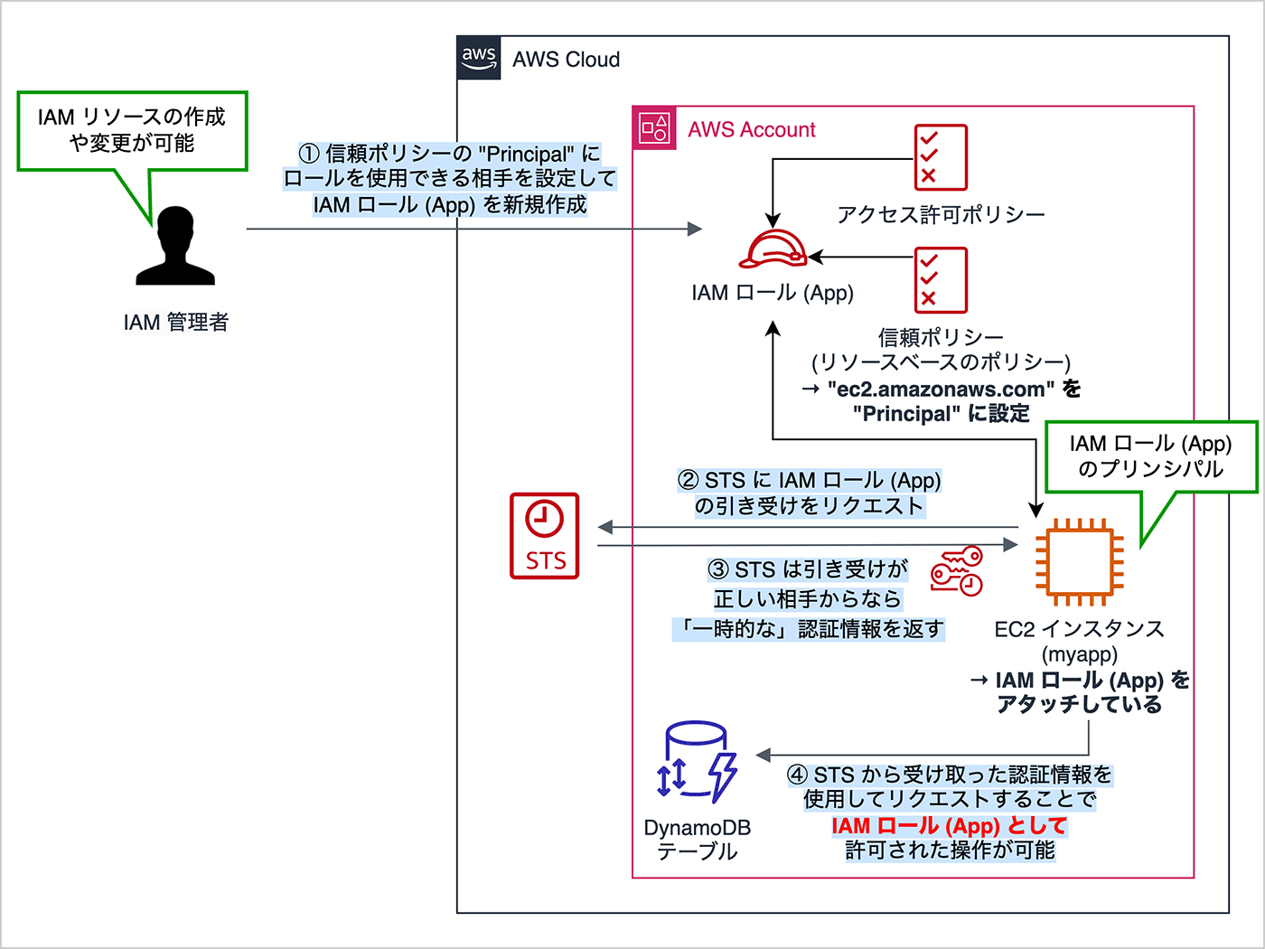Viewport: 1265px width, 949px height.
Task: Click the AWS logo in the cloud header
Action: click(479, 59)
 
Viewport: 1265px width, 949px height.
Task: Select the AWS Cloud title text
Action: click(566, 60)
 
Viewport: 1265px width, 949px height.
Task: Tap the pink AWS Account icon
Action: click(654, 128)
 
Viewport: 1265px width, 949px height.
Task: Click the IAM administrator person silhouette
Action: click(176, 247)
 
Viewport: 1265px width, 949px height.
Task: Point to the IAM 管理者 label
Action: click(176, 323)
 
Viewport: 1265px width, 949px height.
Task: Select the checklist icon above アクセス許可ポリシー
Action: click(941, 157)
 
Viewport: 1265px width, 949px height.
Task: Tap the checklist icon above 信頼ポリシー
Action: click(941, 280)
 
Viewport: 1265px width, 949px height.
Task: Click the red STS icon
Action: click(545, 535)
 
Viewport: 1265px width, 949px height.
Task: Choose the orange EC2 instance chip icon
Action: click(1080, 562)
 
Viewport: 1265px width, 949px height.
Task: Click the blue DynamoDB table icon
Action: click(696, 761)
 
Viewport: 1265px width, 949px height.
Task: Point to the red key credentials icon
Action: click(957, 571)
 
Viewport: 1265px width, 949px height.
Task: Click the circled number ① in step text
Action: click(309, 155)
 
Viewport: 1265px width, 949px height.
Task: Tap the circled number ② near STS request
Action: click(689, 481)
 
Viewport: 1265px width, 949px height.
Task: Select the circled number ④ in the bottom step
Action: click(797, 775)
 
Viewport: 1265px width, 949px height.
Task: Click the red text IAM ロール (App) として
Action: click(949, 826)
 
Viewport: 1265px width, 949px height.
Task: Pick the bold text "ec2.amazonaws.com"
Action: click(941, 390)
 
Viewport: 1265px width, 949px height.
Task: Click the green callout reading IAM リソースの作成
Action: click(132, 130)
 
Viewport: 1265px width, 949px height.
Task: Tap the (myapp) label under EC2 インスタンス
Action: click(1080, 654)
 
